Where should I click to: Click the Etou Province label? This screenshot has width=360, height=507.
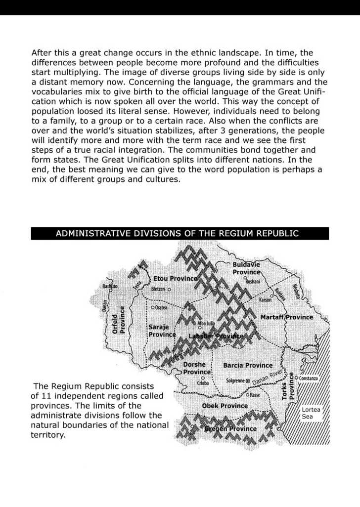(x=175, y=279)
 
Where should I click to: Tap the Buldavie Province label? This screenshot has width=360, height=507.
(x=246, y=268)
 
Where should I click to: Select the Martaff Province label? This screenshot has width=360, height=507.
(x=287, y=317)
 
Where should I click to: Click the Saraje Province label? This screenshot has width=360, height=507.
(x=162, y=331)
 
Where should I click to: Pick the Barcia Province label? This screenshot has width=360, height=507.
(x=248, y=365)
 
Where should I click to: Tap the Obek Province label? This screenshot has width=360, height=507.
(x=225, y=406)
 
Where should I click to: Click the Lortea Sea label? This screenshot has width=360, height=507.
(x=311, y=413)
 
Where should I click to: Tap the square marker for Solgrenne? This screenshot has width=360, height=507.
(x=248, y=381)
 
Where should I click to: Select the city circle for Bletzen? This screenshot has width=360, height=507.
(x=169, y=289)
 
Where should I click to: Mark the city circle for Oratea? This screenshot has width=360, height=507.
(x=153, y=307)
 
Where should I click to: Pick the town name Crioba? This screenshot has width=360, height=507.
(x=203, y=383)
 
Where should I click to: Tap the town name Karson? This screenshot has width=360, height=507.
(x=265, y=300)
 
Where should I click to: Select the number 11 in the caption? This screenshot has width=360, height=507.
(x=41, y=396)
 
